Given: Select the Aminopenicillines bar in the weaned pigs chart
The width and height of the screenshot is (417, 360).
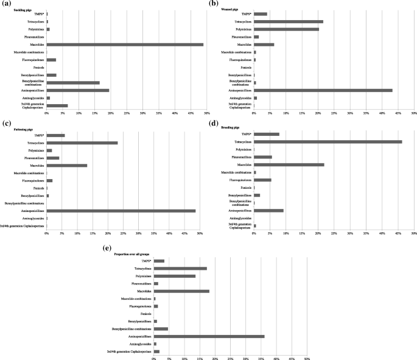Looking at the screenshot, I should coord(323,90).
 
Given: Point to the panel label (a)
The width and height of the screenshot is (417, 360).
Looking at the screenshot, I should coord(5,3).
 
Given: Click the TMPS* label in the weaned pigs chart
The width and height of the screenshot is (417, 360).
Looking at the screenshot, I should coord(246,14).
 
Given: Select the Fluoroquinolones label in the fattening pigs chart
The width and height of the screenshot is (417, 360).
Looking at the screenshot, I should coord(32,180).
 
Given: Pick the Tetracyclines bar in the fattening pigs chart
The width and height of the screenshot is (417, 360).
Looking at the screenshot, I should coord(82,143).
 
